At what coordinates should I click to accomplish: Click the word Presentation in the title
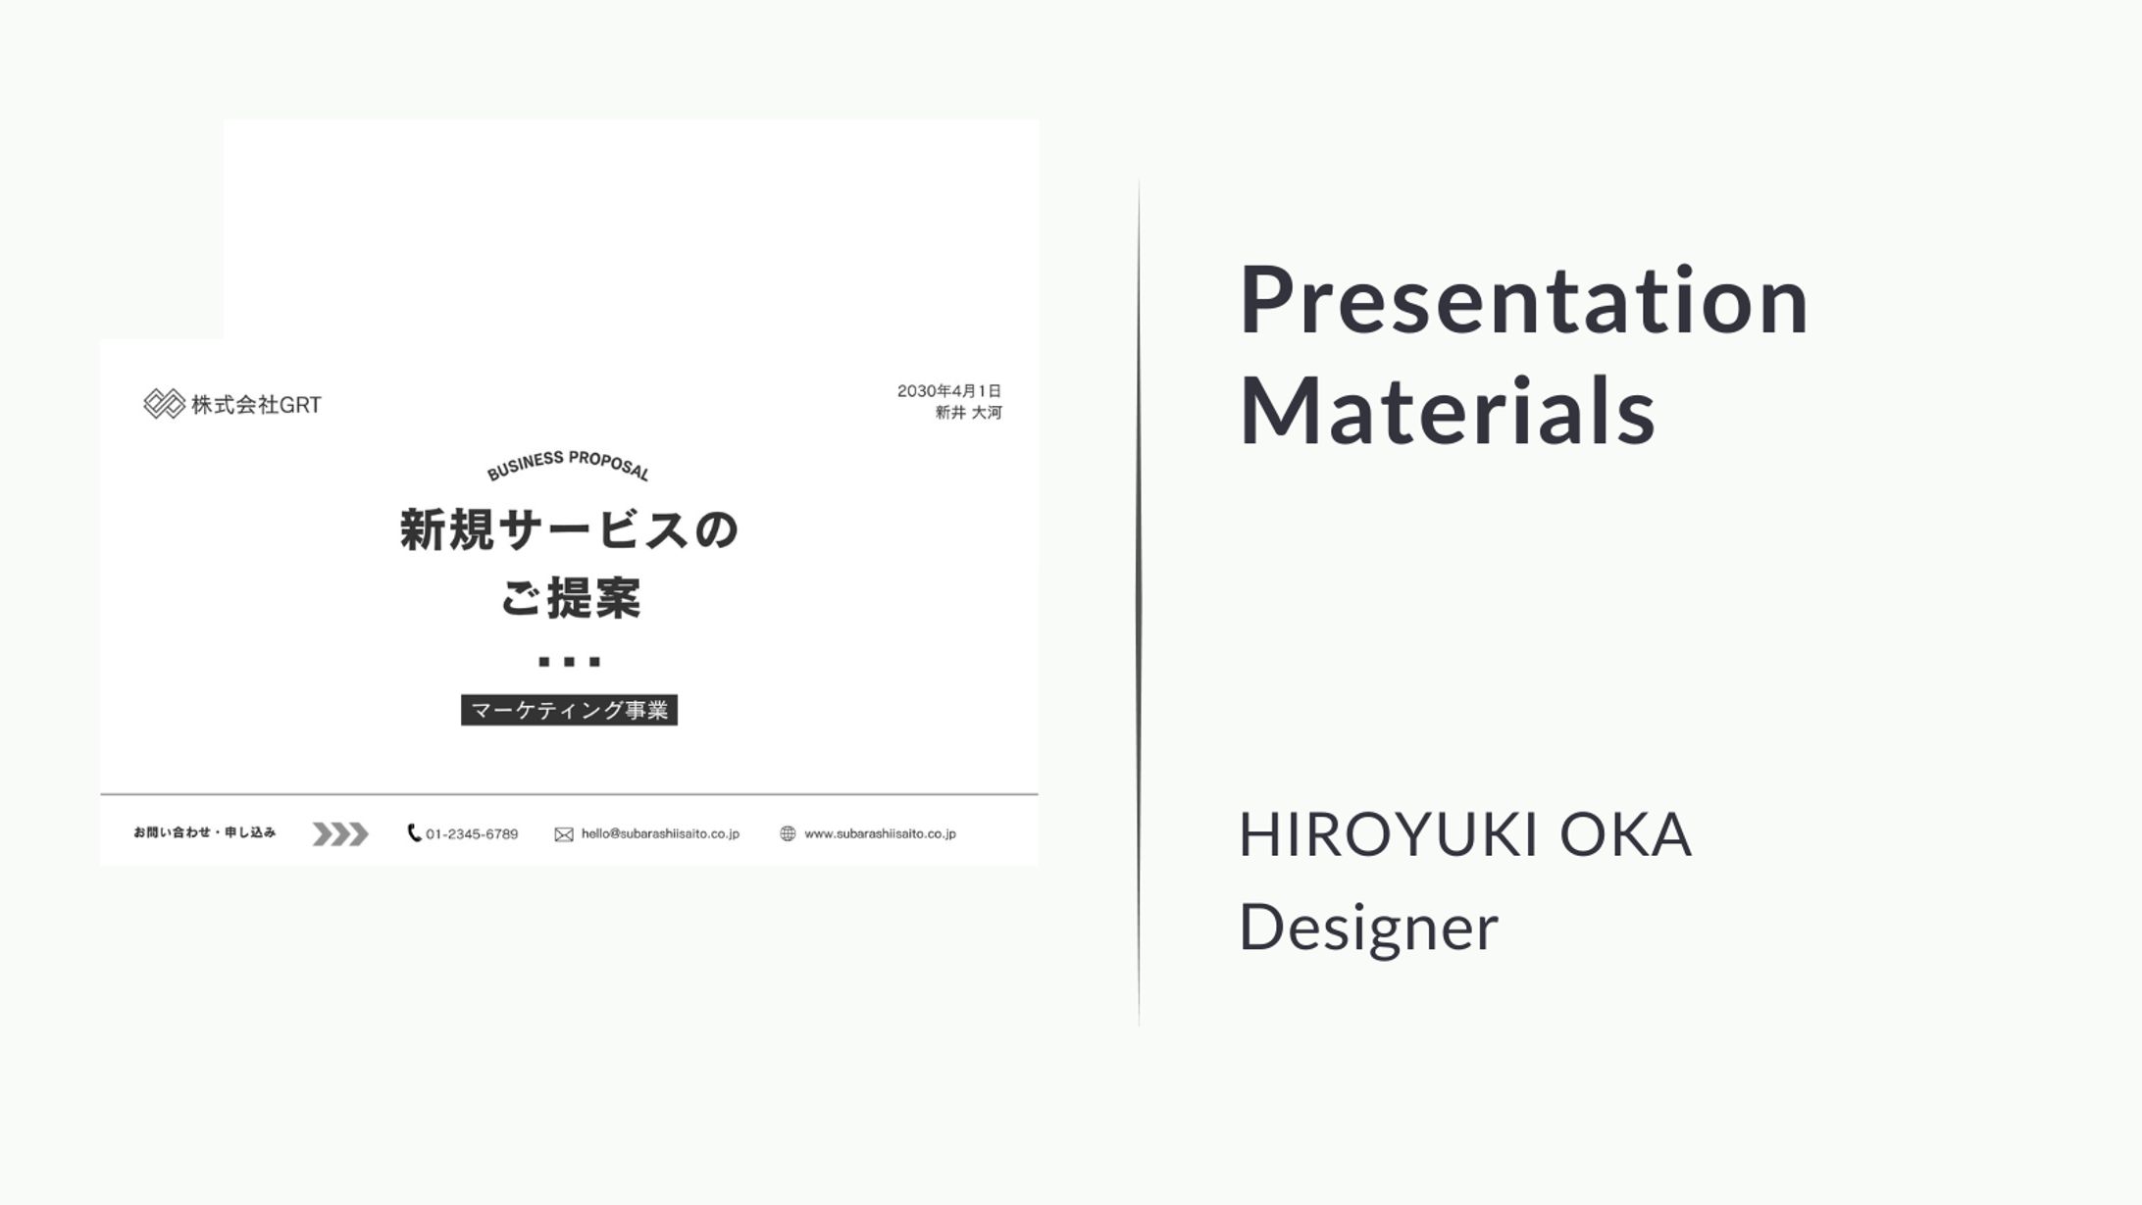[x=1524, y=301]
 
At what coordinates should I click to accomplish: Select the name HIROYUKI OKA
[x=1465, y=834]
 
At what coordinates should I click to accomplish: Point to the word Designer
[x=1369, y=928]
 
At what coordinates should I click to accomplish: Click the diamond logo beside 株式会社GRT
[x=164, y=404]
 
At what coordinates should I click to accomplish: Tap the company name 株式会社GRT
[x=256, y=405]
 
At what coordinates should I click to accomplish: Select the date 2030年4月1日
[x=949, y=391]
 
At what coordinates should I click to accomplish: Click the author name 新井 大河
[x=968, y=413]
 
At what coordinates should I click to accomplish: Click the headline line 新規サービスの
[x=569, y=530]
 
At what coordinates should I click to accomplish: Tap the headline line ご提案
[x=570, y=598]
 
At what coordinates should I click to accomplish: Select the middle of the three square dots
[x=569, y=662]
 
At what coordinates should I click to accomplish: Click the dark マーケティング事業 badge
[x=569, y=710]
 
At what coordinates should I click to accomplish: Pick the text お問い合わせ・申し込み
[x=205, y=832]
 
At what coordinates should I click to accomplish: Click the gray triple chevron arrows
[x=340, y=834]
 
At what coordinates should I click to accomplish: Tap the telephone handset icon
[x=414, y=832]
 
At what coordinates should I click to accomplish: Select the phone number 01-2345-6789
[x=472, y=834]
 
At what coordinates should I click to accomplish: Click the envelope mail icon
[x=564, y=834]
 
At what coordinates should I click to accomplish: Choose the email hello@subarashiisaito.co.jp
[x=660, y=833]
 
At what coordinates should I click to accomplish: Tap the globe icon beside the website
[x=788, y=833]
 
